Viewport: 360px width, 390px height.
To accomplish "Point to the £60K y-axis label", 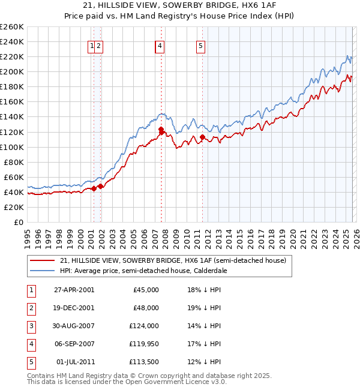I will click(x=14, y=177).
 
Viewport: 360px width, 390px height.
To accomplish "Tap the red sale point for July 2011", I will click(x=203, y=137).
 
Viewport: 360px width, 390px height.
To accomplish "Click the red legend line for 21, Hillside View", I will click(x=42, y=261).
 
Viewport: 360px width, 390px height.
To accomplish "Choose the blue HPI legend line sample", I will click(x=42, y=271).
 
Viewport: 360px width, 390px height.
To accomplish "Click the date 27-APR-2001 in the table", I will click(x=74, y=290).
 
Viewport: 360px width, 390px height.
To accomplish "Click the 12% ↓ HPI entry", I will click(x=204, y=362).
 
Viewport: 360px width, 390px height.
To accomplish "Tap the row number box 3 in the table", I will click(x=29, y=326).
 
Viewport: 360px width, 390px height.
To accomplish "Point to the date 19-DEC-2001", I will click(x=74, y=308).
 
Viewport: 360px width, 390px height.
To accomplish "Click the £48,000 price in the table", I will click(x=145, y=308).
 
